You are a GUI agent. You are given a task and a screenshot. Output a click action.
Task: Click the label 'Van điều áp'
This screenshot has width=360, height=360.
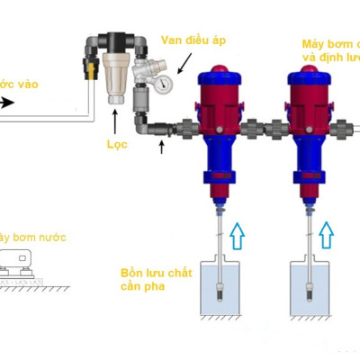click(192, 40)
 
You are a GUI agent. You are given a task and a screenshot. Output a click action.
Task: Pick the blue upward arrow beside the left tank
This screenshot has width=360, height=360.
click(236, 237)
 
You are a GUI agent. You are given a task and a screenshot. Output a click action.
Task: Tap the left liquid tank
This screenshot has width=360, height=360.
click(218, 292)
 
